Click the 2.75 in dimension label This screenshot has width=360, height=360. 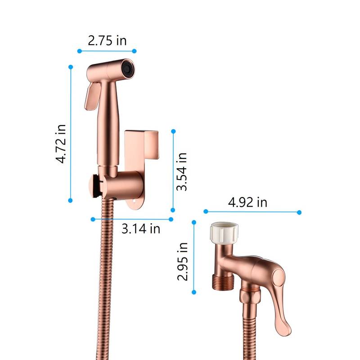point(107,40)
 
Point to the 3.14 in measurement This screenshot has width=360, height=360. point(141,228)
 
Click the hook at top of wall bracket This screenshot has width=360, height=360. point(142,135)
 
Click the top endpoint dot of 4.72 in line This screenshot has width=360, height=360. point(71,67)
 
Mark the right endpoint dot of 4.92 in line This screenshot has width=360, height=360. point(300,212)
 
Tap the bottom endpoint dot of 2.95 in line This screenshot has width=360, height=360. point(194,292)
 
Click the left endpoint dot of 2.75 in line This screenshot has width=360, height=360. point(79,51)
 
